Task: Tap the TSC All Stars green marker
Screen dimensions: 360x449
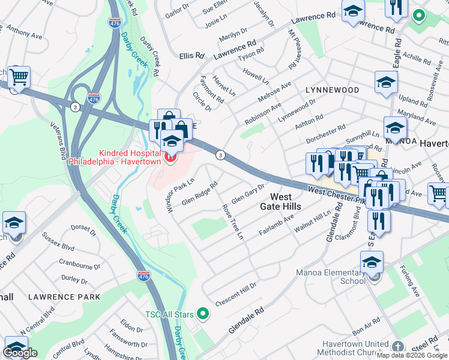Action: click(203, 313)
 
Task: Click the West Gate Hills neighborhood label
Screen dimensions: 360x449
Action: click(276, 202)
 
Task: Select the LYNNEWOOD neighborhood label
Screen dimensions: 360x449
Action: click(332, 90)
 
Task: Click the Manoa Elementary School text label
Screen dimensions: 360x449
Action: click(331, 277)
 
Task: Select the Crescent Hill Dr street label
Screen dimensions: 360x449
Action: click(236, 293)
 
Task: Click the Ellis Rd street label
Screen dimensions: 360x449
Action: click(191, 56)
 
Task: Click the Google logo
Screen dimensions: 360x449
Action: click(20, 353)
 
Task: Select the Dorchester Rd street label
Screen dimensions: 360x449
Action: click(326, 134)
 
